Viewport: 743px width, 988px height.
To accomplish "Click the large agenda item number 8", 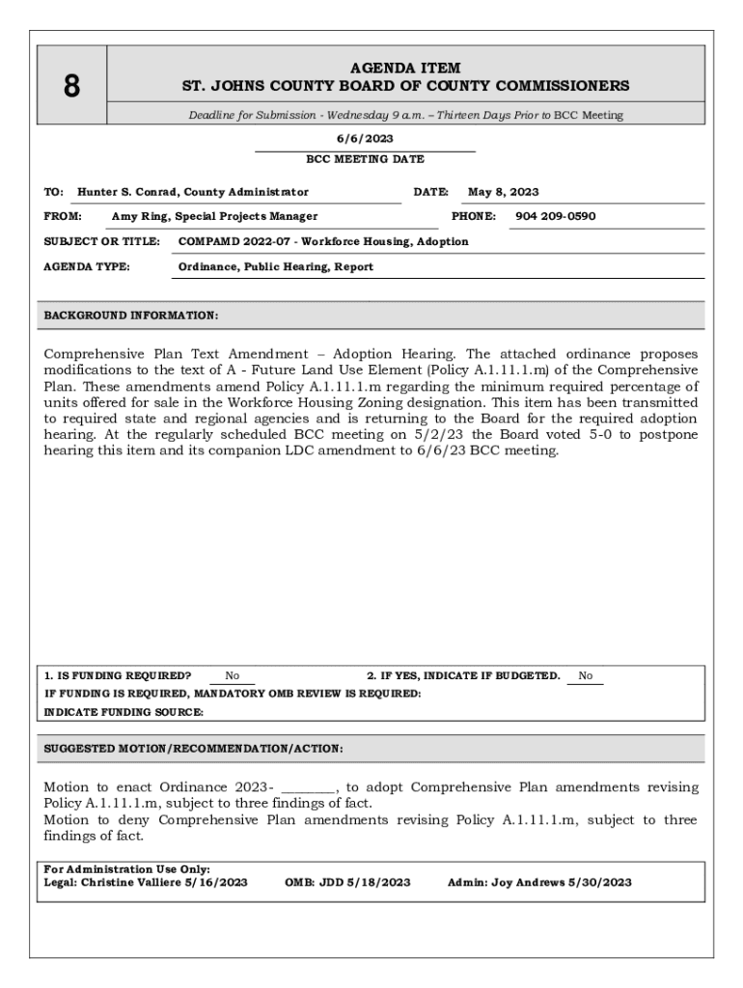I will coord(71,87).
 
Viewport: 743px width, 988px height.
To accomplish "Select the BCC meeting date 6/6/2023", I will coord(365,139).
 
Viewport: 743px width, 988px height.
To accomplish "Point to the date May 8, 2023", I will coord(503,192).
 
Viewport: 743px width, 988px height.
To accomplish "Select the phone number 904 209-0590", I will coord(555,216).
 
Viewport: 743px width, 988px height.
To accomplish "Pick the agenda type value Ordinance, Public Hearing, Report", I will coord(275,266).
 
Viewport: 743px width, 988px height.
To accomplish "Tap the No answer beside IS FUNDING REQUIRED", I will coord(233,676).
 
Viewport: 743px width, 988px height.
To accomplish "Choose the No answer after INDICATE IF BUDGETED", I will coord(586,676).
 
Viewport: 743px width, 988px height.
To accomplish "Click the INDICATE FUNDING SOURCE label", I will coord(124,712).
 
